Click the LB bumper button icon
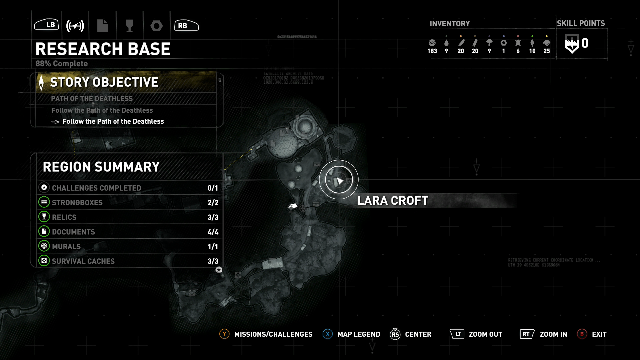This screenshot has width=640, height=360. point(47,25)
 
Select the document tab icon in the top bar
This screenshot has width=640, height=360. point(102,26)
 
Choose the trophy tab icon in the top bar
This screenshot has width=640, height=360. point(129,26)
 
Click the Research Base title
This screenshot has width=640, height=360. point(103,49)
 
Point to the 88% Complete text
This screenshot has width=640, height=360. point(62,64)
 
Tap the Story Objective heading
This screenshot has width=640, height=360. point(104,82)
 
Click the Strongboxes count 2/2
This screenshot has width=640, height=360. point(213,203)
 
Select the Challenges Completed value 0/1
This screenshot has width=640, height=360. point(213,188)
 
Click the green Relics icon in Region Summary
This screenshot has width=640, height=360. point(44,217)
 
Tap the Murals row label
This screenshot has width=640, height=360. point(66,247)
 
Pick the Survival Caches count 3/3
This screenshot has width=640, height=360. point(213,261)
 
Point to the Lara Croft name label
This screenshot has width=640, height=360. point(393,201)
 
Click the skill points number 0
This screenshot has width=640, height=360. point(585,43)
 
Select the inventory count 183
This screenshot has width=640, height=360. point(432,51)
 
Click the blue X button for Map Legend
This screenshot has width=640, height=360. point(328,334)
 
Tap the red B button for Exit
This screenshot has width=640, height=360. point(582,334)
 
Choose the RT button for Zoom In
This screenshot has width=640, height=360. point(527,334)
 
